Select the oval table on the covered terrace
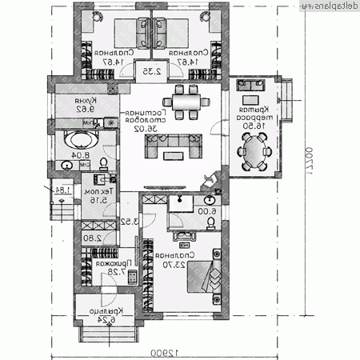click(x=255, y=150)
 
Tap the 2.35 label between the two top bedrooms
click(x=150, y=71)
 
